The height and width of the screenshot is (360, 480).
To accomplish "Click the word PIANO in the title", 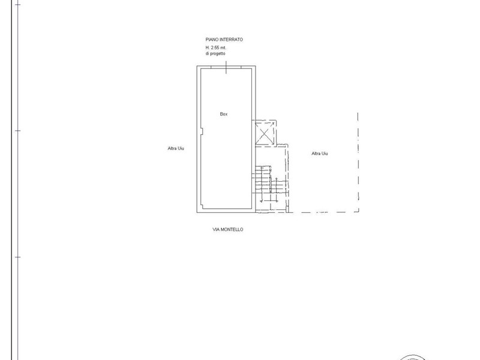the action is coord(211,40).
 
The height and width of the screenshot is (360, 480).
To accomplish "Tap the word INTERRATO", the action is coord(230,40).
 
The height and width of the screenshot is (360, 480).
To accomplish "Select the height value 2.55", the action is coord(215,48).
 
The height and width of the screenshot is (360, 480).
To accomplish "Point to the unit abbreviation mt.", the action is coord(224,48).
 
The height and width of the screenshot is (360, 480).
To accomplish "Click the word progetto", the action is coord(218,53).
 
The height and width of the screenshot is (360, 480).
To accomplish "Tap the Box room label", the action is coord(224,114).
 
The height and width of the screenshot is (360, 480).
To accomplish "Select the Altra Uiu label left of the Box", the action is coord(176,148).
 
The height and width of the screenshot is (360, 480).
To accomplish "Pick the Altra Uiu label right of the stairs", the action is coord(320,154).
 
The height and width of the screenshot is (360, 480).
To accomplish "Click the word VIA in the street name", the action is coord(215,229).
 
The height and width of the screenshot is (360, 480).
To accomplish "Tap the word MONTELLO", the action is coord(232,229).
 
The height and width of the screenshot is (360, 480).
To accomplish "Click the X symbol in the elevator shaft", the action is coord(264,133).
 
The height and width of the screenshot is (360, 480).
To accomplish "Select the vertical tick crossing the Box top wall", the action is coord(226,67).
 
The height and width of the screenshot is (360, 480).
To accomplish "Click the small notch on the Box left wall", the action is coord(202,131).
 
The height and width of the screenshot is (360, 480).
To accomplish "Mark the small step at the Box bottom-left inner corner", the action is coord(202,206).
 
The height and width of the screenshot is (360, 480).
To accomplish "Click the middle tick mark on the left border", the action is coord(18,131).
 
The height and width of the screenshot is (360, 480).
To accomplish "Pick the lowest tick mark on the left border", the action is coord(18,257).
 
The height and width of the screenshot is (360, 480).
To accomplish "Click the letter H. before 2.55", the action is coord(208,48).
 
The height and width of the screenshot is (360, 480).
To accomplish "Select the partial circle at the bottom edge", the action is coord(413,356).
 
